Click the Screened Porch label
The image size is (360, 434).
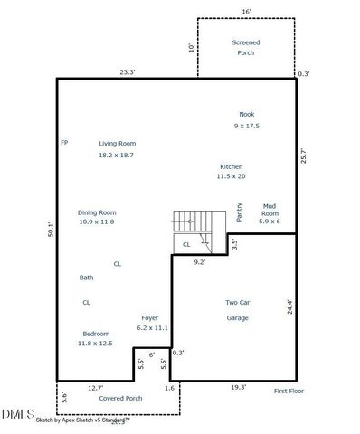point(245,48)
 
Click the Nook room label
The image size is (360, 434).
point(246,114)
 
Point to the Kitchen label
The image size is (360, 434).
point(232,166)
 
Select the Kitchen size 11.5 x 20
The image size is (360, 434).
point(232,177)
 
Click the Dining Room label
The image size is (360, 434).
point(97,212)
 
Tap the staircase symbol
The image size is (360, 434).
point(191,221)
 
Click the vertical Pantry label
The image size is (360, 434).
point(239,212)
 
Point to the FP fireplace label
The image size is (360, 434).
point(64,143)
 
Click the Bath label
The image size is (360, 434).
point(86,278)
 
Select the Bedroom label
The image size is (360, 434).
point(96,333)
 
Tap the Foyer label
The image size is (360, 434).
point(150,317)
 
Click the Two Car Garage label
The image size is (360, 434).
point(237,310)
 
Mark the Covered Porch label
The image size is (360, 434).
point(120,398)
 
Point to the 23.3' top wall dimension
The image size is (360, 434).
point(128,71)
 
